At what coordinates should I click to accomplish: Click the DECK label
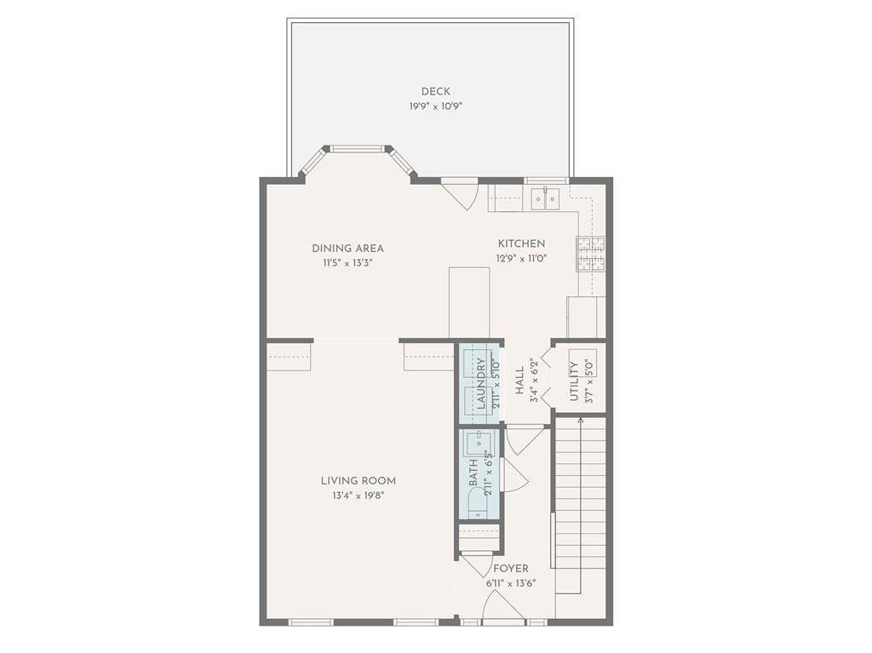435,92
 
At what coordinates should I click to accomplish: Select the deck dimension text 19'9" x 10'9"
435,106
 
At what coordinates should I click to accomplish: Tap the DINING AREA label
347,249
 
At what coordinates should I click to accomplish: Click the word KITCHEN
521,244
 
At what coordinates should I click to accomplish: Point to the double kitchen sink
544,199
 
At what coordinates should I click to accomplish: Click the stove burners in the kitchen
592,254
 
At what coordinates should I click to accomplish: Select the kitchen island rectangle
469,302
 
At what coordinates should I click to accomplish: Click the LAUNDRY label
481,384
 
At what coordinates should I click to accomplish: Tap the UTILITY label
574,381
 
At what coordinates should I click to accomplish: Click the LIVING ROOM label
358,481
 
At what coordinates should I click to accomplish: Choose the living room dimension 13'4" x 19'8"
358,495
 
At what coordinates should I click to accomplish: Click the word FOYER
510,569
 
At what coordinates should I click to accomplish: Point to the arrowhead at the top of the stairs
581,421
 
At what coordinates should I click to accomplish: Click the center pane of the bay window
357,149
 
